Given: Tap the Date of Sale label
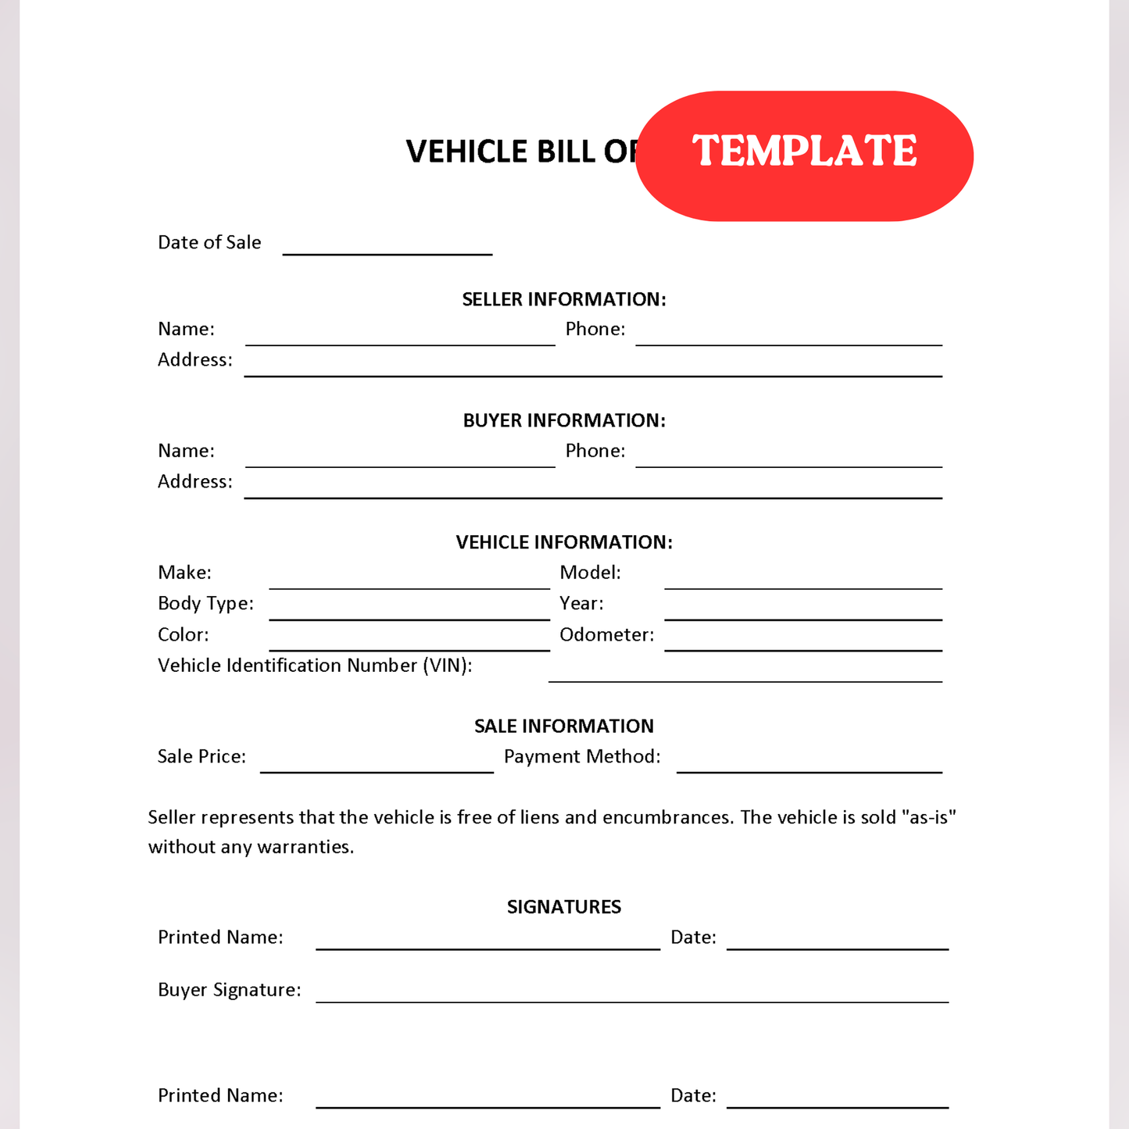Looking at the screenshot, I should [209, 242].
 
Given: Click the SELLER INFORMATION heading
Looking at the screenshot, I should [563, 299].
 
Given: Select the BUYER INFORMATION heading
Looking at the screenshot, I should [563, 420].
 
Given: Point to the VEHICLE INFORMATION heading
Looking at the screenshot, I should [563, 542].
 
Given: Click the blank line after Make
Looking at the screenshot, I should [409, 582].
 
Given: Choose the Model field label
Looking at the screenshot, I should [590, 573].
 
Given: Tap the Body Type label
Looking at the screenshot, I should [205, 603].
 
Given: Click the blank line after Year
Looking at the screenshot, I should [802, 613].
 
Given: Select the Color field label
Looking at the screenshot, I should [183, 634].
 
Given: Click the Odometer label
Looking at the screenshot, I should [606, 634].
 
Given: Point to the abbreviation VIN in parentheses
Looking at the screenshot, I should [446, 666].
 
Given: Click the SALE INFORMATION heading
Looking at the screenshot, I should [563, 726].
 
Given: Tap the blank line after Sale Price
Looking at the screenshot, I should [377, 766].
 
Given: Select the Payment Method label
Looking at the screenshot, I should [582, 756].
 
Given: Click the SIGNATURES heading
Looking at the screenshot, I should [563, 906].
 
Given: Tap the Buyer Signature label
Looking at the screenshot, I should [229, 990].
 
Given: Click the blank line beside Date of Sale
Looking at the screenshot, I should [387, 248].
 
